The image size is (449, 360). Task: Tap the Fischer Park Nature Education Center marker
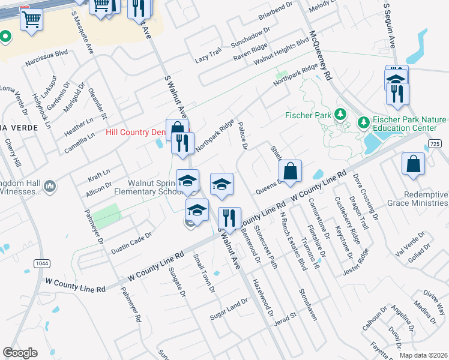coord(363,122)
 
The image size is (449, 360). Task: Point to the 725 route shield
coord(436,144)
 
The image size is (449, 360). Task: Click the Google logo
coord(20,353)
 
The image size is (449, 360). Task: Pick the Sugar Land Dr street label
coord(228,308)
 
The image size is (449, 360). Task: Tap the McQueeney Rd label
coord(320,56)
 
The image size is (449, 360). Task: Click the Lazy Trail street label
coord(208,57)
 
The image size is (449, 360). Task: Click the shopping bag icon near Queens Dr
coord(290,171)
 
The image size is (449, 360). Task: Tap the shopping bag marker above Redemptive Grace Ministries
coord(413,164)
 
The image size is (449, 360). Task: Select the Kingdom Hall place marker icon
coord(50,187)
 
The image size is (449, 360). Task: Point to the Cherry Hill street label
coord(13,153)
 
